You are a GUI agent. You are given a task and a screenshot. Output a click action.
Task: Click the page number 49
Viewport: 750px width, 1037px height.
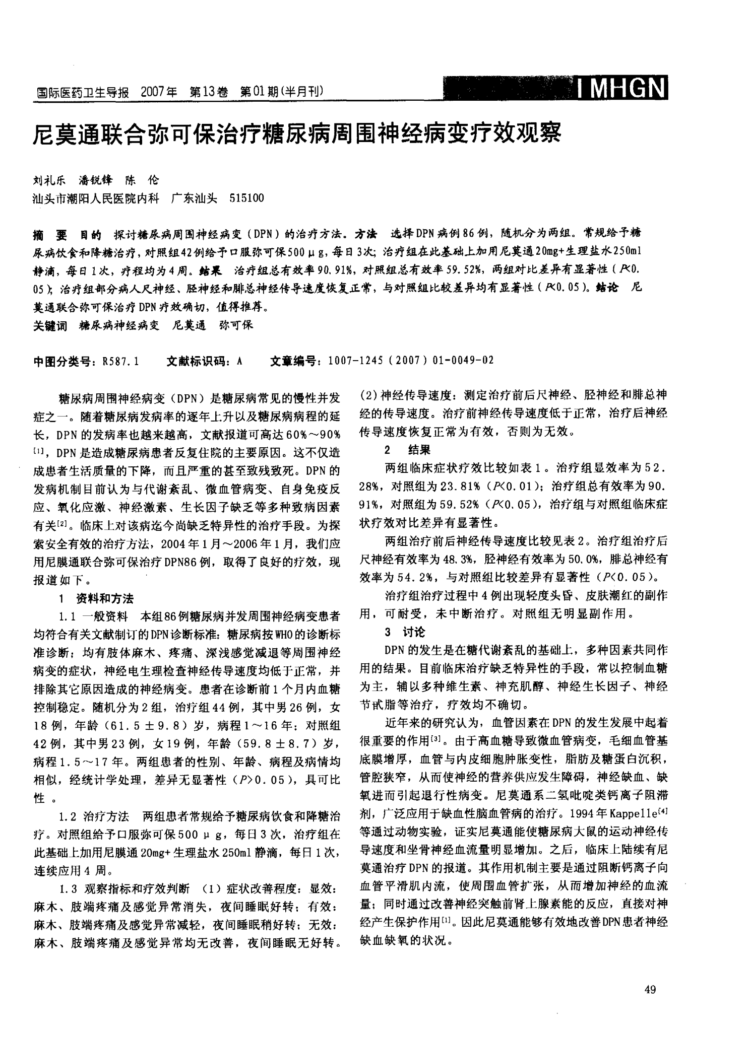tap(650, 990)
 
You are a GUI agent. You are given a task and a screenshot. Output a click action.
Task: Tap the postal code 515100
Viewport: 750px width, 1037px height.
tap(246, 198)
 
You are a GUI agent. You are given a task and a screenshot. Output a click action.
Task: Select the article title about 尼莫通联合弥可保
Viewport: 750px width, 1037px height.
tap(297, 135)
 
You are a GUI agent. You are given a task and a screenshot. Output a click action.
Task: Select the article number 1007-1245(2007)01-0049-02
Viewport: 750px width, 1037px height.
tap(410, 361)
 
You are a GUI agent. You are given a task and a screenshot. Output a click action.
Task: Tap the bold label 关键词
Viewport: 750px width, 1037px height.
tap(49, 326)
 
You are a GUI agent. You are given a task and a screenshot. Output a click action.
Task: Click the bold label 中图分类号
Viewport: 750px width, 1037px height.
tap(62, 361)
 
